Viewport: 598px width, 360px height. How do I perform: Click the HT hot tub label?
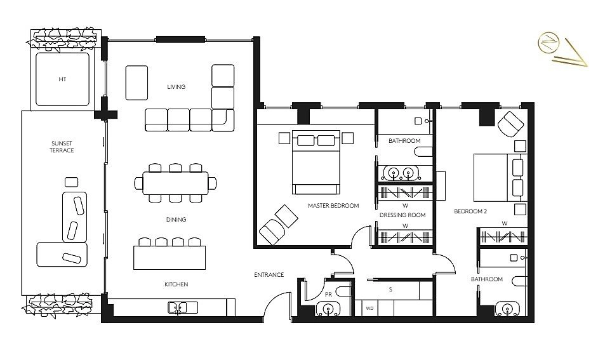[63, 79]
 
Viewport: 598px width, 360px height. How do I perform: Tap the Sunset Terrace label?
[62, 147]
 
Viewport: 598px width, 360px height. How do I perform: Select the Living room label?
[176, 87]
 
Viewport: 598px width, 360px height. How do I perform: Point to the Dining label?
[176, 220]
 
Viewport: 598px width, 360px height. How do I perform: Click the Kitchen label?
[176, 284]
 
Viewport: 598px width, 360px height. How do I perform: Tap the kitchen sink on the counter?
[183, 307]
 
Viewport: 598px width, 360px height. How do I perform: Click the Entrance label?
[269, 274]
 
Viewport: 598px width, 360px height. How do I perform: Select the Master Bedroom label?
[333, 206]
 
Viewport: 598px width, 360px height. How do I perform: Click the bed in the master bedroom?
[316, 162]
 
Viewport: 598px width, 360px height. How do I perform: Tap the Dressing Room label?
[402, 215]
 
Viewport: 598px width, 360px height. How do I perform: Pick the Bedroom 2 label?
[470, 211]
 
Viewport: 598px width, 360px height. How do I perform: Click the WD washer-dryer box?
[369, 308]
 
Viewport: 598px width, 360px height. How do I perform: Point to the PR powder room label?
[328, 295]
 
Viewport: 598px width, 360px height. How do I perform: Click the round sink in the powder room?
[328, 308]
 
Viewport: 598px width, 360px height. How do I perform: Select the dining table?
[175, 183]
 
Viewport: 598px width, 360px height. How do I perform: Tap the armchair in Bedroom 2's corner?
[511, 123]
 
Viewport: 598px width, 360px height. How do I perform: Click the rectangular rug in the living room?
[136, 83]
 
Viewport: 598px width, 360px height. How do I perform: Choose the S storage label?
[390, 290]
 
